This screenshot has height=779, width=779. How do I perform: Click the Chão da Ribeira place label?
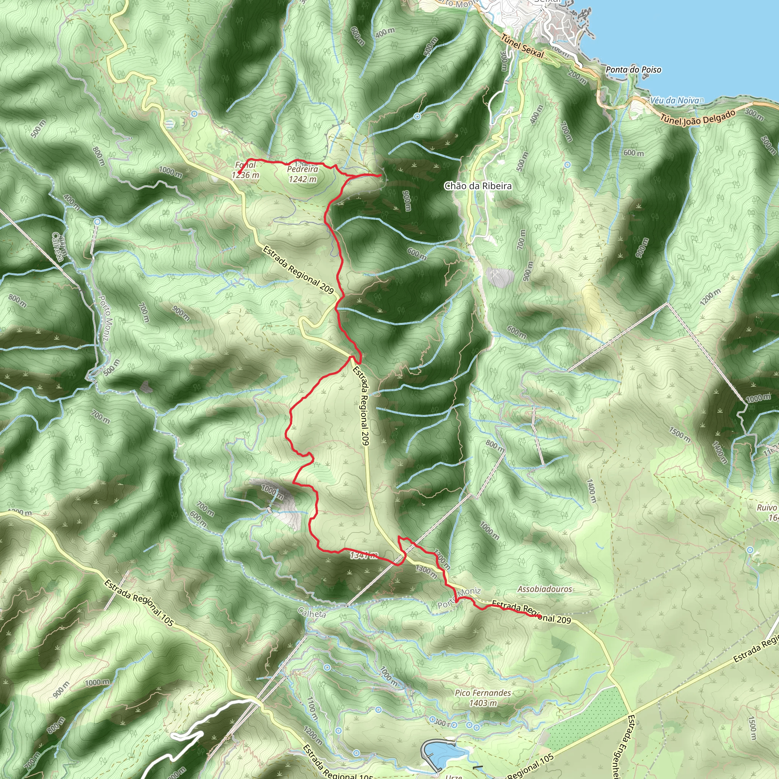pos(478,186)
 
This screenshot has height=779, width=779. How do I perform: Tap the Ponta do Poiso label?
pos(633,70)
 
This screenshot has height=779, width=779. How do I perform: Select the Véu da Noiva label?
pos(674,100)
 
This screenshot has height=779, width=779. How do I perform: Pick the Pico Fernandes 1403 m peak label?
pos(483,698)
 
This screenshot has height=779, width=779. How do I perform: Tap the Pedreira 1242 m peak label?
pos(302,174)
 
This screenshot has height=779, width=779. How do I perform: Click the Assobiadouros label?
pos(544,589)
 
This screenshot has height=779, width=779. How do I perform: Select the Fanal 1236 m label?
pos(245,170)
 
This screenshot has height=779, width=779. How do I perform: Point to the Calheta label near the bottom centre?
pos(312,613)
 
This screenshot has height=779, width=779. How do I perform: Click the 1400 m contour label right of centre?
pos(591,490)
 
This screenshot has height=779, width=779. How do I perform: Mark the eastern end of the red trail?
pos(539,616)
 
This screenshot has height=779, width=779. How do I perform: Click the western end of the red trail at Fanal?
pos(239,174)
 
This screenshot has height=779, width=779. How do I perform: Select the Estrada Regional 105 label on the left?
pos(139,603)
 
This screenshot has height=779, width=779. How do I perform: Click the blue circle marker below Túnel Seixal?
pos(417,116)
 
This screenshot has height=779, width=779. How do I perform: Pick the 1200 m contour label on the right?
pos(710,297)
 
